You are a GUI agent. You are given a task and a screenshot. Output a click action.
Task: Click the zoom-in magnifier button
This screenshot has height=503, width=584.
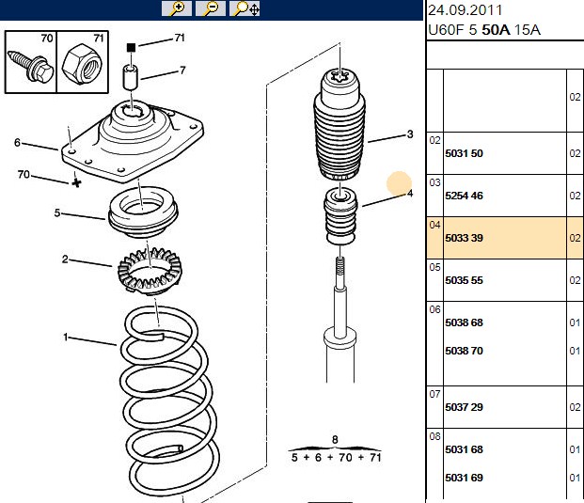(x=177, y=8)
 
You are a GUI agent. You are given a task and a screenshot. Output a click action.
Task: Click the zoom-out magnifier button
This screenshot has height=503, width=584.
(x=211, y=8)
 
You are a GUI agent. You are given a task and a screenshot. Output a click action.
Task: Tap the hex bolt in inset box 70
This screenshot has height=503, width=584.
(x=30, y=66)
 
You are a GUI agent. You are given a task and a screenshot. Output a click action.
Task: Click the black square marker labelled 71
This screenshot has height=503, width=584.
(x=131, y=48)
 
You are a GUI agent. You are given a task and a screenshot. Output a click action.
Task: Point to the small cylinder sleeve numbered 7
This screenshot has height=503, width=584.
(x=131, y=77)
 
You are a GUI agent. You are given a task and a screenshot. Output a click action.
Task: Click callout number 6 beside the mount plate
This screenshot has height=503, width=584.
(x=17, y=142)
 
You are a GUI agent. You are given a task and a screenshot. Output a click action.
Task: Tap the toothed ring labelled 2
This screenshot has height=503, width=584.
(x=150, y=271)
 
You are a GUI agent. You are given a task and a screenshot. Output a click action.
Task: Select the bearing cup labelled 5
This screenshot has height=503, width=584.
(x=143, y=212)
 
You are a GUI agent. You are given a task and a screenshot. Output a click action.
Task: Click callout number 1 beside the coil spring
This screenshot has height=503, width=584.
(x=66, y=338)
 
